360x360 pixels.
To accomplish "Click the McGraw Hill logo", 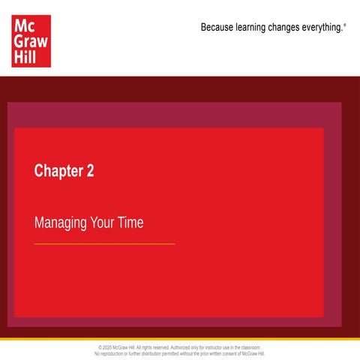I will pyautogui.click(x=31, y=40).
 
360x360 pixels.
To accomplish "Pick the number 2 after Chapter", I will pyautogui.click(x=91, y=171).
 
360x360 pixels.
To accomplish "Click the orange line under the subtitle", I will pyautogui.click(x=104, y=244).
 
